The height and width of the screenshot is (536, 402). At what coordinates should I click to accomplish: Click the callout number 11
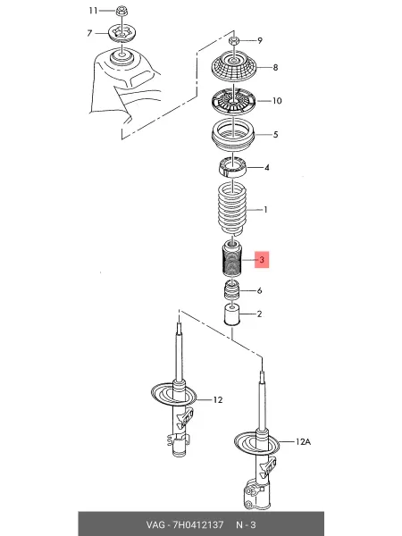[93, 11]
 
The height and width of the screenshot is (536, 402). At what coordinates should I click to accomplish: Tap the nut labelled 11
[121, 11]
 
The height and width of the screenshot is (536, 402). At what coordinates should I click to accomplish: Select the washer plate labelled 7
[122, 34]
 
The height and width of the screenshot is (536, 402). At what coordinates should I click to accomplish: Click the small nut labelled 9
[233, 41]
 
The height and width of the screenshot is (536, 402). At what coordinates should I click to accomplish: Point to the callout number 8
[275, 67]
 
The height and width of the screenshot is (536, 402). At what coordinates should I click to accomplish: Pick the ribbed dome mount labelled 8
[234, 67]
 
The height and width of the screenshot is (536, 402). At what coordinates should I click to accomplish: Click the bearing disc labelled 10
[233, 102]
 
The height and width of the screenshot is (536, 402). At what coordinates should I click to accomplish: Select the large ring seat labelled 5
[233, 135]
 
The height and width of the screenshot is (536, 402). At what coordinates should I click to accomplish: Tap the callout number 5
[275, 134]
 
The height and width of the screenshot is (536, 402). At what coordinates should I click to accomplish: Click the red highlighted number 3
[262, 260]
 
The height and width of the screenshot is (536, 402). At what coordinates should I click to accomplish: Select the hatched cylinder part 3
[231, 258]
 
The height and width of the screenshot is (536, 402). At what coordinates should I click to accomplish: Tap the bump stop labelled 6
[231, 289]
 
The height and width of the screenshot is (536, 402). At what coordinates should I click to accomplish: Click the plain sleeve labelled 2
[232, 314]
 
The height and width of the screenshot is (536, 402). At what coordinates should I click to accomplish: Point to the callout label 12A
[303, 441]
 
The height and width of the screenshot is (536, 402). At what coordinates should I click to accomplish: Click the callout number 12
[218, 399]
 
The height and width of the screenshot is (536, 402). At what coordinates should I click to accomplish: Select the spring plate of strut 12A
[256, 444]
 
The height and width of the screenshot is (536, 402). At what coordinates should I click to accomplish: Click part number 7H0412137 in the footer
[198, 524]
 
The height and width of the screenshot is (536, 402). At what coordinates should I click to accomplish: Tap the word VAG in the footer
[155, 524]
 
